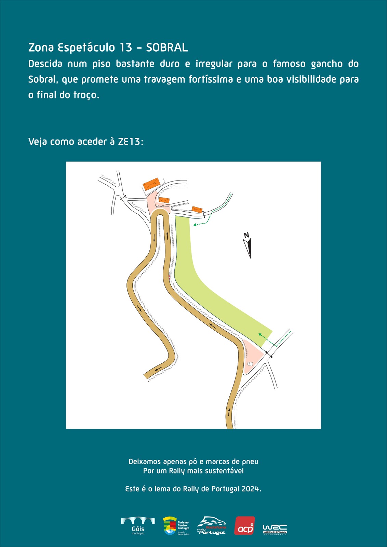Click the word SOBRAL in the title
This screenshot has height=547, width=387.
[x=167, y=48]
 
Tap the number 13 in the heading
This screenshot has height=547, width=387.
[x=126, y=48]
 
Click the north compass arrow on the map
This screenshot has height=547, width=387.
[x=248, y=248]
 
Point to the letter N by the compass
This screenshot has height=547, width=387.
[x=246, y=235]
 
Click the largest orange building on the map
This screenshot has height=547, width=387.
[x=151, y=184]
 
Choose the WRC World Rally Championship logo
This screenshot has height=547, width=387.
[x=275, y=529]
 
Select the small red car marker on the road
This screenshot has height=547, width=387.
[x=169, y=277]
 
